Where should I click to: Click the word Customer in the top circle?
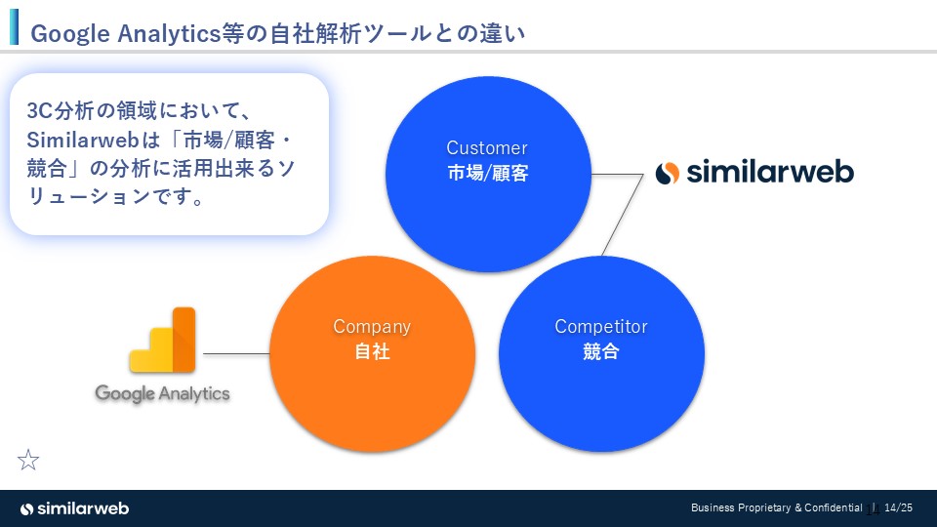point(486,148)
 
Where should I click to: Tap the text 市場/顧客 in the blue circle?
point(486,174)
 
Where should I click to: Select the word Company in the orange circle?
point(372,327)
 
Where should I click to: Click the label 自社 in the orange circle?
point(372,352)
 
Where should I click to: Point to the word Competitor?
point(601,327)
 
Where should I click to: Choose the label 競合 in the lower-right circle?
point(601,352)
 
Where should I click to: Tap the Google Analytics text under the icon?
point(162,393)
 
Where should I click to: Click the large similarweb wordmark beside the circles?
point(770,173)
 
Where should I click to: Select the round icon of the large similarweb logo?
point(668,174)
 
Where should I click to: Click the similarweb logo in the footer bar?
point(74,508)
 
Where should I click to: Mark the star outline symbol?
point(29,460)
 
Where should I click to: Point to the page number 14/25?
point(898,508)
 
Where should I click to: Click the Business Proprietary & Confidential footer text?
point(776,508)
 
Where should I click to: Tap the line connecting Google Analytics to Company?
point(235,353)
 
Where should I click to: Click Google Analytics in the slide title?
point(123,34)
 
